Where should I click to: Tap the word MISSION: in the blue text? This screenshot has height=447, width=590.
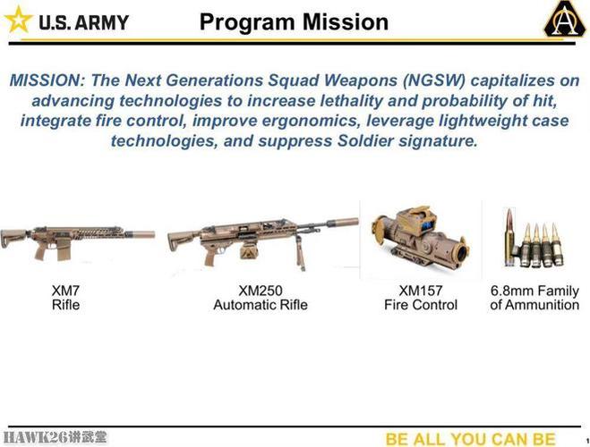tap(47, 80)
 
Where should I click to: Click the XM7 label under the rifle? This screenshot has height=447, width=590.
tap(65, 291)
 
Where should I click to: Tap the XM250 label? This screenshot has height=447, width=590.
tap(261, 291)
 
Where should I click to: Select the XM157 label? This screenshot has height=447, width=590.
tap(421, 291)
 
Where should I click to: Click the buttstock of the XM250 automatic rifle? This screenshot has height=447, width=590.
tap(182, 241)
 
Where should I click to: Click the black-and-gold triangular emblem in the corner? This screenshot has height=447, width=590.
tap(564, 19)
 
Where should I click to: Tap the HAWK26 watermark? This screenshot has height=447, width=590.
tap(55, 437)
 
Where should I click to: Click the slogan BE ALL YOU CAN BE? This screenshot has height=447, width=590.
tap(470, 439)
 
